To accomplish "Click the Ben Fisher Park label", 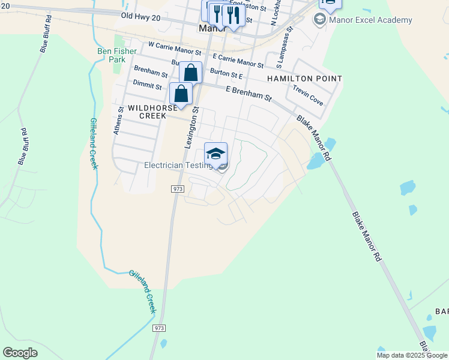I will click(112, 55).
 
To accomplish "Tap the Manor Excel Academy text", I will click(370, 20).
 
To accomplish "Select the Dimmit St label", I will click(148, 86).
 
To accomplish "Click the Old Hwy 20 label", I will click(140, 19).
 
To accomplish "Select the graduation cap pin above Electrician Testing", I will click(216, 154).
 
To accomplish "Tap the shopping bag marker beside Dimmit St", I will click(181, 94).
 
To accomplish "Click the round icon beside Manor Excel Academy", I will click(319, 20).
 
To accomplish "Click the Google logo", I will click(20, 353).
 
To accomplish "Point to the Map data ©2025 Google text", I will click(412, 355).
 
